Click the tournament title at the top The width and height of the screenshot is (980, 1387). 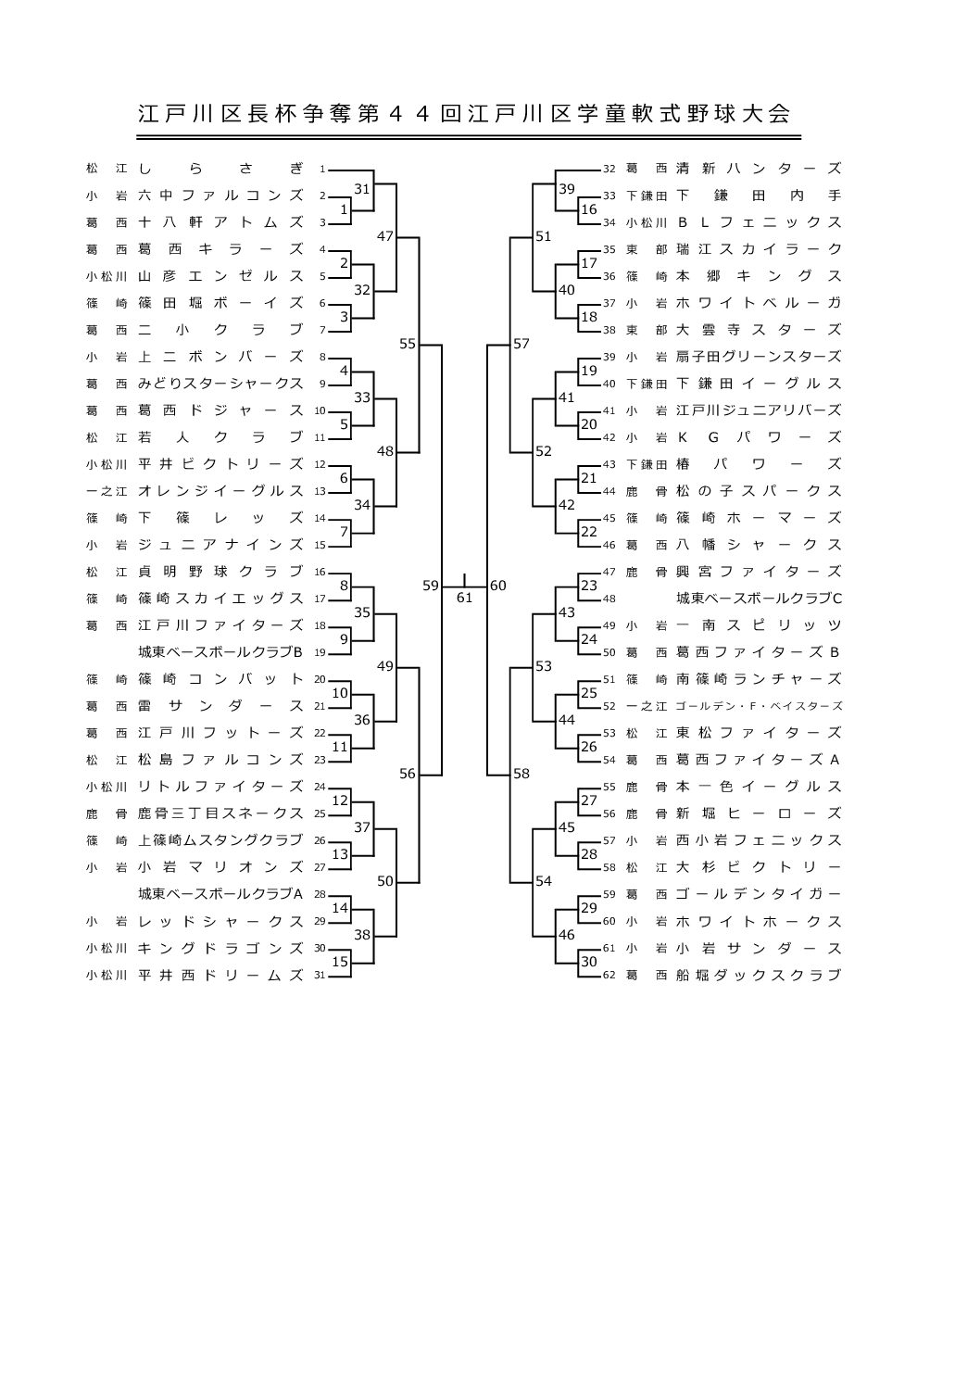(464, 114)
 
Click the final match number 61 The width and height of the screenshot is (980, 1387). (464, 599)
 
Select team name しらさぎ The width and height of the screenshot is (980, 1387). (220, 169)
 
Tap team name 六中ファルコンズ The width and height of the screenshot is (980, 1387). (220, 195)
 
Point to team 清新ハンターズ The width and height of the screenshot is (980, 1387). (759, 169)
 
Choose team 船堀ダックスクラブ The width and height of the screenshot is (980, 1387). (759, 975)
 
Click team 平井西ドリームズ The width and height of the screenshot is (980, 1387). (220, 975)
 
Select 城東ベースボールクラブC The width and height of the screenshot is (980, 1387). (759, 599)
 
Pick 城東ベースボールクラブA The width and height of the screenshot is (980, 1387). (220, 894)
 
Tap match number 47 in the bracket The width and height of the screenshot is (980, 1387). (385, 236)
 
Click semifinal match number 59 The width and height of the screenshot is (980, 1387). (431, 586)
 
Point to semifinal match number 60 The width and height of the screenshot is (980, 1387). (498, 586)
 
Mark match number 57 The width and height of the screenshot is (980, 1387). (521, 344)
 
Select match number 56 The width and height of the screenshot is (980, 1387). (408, 775)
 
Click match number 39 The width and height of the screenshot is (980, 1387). (566, 189)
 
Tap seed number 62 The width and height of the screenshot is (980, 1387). (609, 976)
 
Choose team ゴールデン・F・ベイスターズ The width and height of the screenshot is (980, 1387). (759, 706)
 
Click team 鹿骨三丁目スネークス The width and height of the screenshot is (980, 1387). (220, 813)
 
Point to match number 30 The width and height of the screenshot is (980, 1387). (589, 962)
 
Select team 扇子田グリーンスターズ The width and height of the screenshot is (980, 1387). (759, 357)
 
